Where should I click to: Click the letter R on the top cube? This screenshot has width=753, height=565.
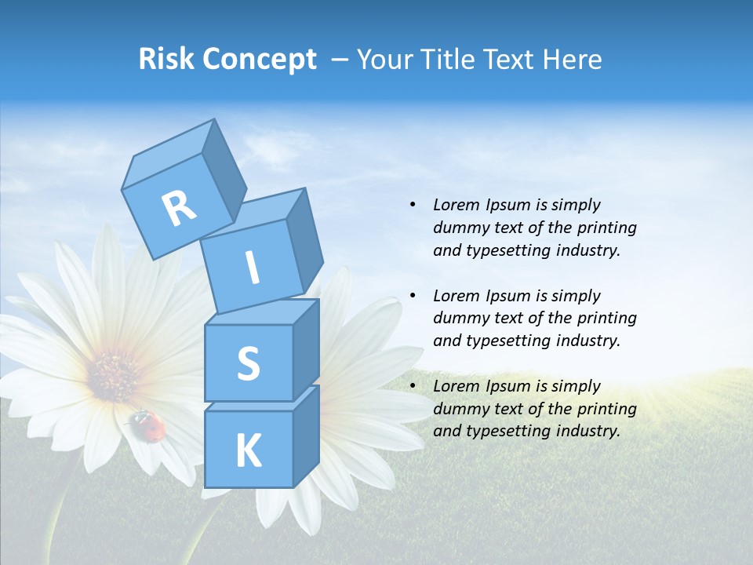(179, 208)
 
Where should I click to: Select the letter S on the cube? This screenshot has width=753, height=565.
(248, 363)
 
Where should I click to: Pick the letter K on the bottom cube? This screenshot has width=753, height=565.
(248, 450)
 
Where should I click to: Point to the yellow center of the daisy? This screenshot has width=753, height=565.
(115, 374)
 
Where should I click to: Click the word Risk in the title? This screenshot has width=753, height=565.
(166, 60)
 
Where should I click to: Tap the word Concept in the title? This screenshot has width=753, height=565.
(258, 60)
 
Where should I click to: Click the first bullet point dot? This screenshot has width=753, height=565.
(413, 205)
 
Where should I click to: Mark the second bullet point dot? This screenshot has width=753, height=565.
(413, 296)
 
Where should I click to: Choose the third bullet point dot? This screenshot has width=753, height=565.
(413, 386)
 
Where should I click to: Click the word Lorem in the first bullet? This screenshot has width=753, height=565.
(456, 205)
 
